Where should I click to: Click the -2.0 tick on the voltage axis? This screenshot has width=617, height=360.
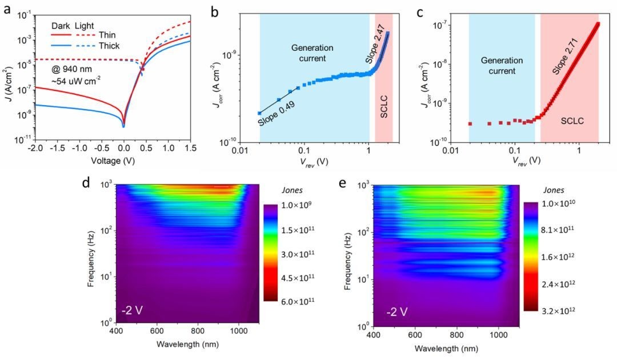click(x=35, y=149)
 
